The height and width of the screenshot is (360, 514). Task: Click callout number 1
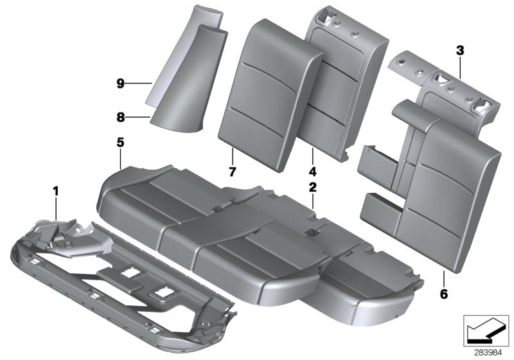pyautogui.click(x=56, y=190)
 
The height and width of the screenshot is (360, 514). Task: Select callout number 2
pyautogui.click(x=313, y=188)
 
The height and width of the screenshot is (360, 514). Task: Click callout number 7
pyautogui.click(x=231, y=172)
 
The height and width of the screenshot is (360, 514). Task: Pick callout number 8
pyautogui.click(x=121, y=117)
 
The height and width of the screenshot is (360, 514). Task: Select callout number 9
pyautogui.click(x=121, y=83)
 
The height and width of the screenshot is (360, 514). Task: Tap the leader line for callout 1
pyautogui.click(x=56, y=209)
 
